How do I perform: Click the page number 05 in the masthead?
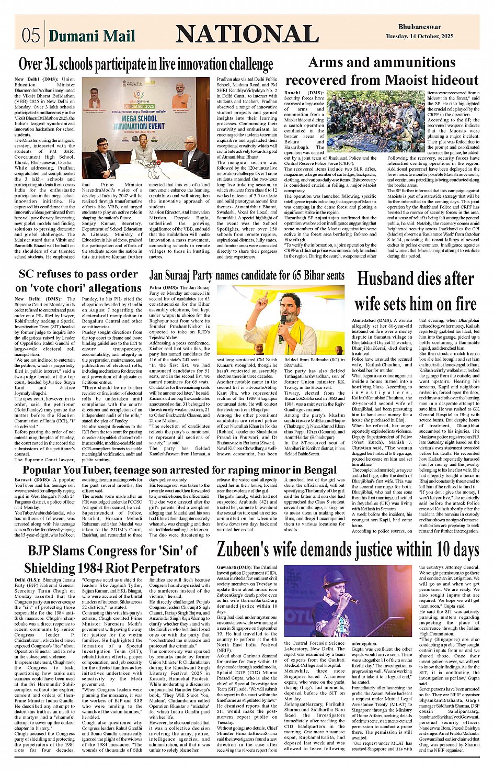pos(30,35)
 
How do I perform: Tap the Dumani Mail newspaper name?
pos(92,36)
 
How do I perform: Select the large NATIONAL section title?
pos(247,34)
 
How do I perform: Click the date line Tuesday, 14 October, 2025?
pos(420,37)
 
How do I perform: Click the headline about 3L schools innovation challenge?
pos(146,64)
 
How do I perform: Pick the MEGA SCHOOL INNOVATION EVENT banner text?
pos(139,122)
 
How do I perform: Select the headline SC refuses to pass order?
pos(78,274)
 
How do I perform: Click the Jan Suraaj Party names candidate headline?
pos(247,275)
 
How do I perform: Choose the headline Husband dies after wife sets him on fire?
pos(416,291)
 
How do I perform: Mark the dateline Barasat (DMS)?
pos(32,479)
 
